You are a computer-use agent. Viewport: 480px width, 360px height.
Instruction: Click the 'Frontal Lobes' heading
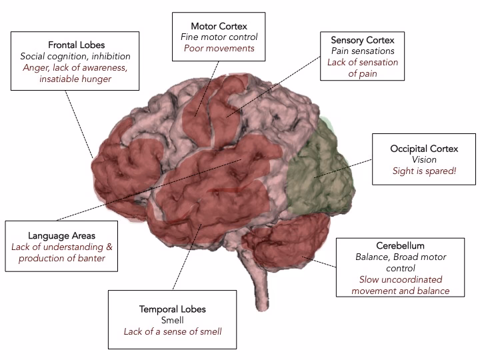point(75,44)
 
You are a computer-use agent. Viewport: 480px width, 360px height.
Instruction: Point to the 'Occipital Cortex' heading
point(424,148)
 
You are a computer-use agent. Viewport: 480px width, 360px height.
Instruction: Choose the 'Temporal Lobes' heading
point(173,309)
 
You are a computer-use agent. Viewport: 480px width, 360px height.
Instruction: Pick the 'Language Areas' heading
point(62,235)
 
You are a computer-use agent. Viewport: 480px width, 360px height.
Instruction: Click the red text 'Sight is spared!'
point(424,171)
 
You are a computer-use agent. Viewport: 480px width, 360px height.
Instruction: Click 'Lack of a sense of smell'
point(173,331)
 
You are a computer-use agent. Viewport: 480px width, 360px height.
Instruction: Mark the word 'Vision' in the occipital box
point(424,160)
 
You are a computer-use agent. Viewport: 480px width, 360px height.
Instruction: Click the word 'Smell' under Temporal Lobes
point(173,320)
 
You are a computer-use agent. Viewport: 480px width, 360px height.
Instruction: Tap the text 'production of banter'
point(62,258)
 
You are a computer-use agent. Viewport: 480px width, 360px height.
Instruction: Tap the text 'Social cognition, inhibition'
point(75,56)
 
